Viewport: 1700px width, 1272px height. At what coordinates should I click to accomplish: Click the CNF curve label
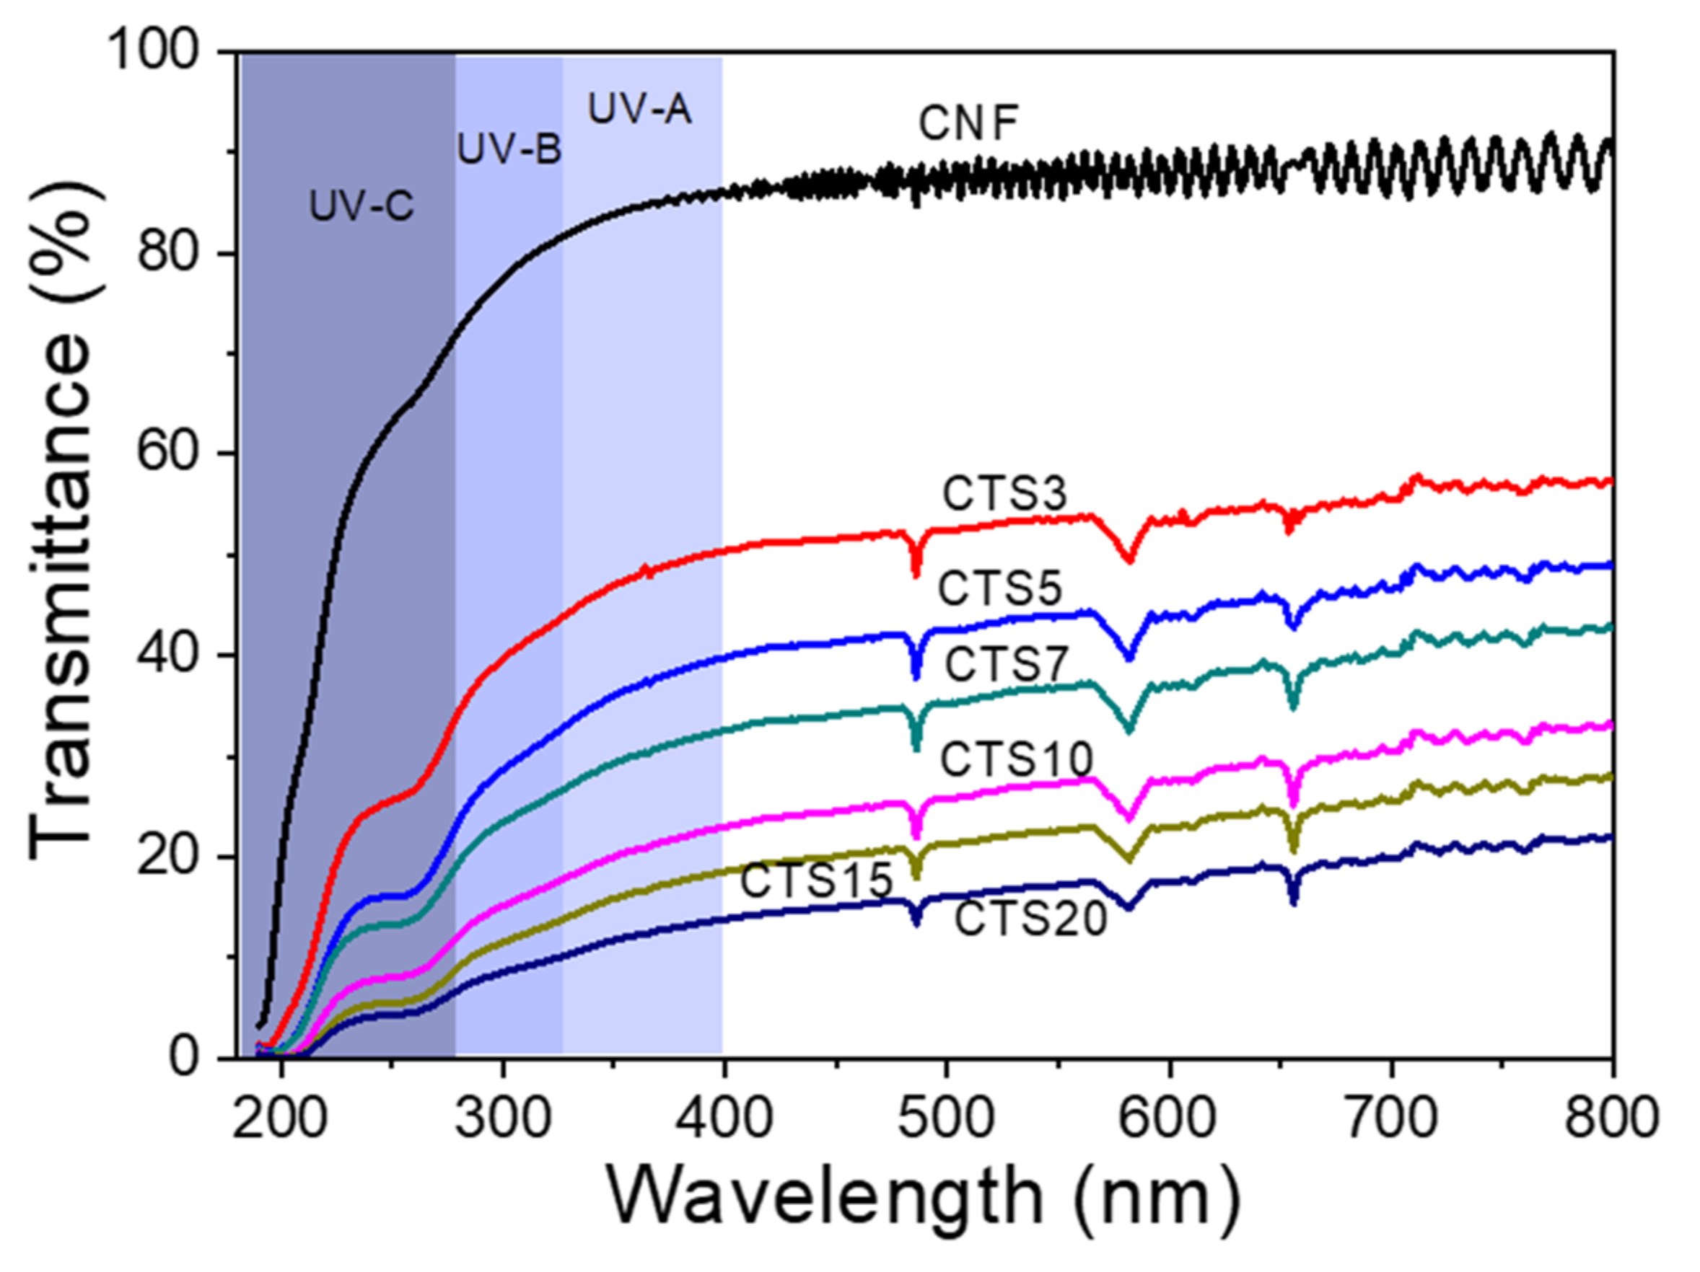pyautogui.click(x=968, y=124)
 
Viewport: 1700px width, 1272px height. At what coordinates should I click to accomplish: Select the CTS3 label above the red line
pyautogui.click(x=1004, y=494)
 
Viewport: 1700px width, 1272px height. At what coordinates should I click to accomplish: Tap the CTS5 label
pyautogui.click(x=999, y=589)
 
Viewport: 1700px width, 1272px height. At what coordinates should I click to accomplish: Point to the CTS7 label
pyautogui.click(x=1006, y=664)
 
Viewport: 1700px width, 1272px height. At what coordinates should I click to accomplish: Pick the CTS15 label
pyautogui.click(x=816, y=880)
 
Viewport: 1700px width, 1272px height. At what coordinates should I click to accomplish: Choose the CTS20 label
pyautogui.click(x=1030, y=919)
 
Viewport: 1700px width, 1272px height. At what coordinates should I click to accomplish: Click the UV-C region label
pyautogui.click(x=362, y=206)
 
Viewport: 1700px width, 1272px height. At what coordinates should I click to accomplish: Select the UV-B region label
pyautogui.click(x=509, y=149)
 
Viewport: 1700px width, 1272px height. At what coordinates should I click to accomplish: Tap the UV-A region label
pyautogui.click(x=639, y=109)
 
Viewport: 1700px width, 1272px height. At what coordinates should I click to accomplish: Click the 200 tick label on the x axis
pyautogui.click(x=281, y=1118)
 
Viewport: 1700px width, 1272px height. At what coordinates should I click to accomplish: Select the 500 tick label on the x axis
pyautogui.click(x=947, y=1118)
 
